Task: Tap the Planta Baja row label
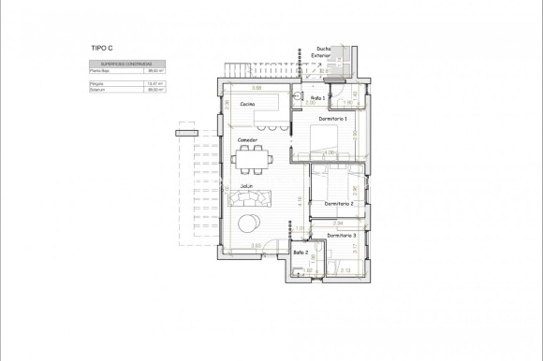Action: point(98,70)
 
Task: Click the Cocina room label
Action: point(248,104)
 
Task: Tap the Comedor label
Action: point(246,140)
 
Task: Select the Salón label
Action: point(247,185)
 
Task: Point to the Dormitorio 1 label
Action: point(331,119)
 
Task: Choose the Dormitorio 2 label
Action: point(338,203)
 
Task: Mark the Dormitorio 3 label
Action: point(341,236)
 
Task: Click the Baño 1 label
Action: point(317,97)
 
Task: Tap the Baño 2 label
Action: point(301,253)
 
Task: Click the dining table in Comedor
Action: point(250,160)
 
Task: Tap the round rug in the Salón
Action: point(250,223)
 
